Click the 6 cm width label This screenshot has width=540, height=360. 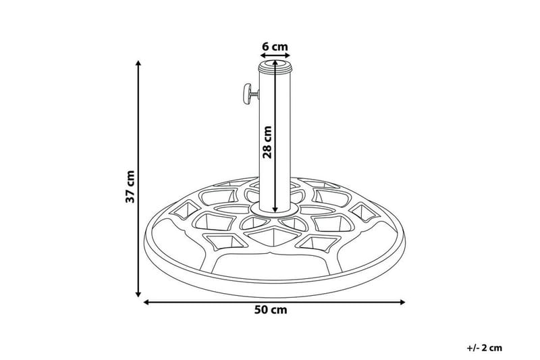click(275, 47)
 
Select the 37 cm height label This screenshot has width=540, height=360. click(131, 186)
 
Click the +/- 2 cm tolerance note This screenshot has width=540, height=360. click(484, 348)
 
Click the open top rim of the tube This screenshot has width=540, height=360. click(275, 65)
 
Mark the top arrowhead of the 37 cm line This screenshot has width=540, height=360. click(139, 63)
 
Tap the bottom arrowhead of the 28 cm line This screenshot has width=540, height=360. click(275, 210)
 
